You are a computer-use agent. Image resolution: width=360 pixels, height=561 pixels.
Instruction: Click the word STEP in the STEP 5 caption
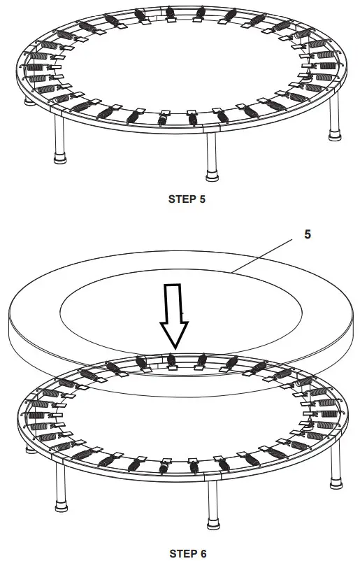[x=181, y=199]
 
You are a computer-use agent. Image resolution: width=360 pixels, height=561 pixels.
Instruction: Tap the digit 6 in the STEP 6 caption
[x=203, y=553]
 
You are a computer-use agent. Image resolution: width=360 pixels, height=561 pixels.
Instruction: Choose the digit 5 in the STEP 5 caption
[x=202, y=199]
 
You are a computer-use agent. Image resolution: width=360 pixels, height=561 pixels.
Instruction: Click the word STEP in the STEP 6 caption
[x=181, y=553]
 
